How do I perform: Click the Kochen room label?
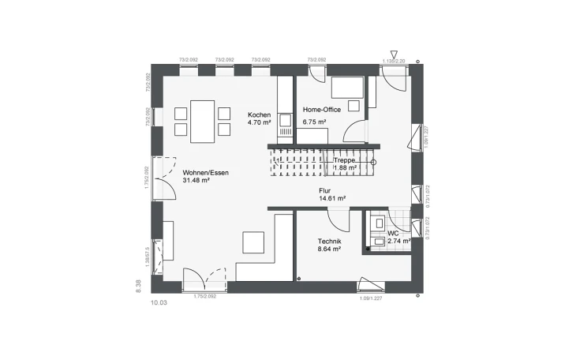click(260, 114)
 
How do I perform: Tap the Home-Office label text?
click(322, 110)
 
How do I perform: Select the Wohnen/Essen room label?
click(206, 172)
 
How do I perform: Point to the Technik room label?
click(329, 241)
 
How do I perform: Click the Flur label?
click(324, 190)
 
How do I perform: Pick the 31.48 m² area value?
click(196, 181)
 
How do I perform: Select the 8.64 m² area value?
click(329, 249)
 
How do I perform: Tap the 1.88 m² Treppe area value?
click(345, 168)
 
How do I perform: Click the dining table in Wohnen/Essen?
click(203, 122)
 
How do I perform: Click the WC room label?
click(393, 234)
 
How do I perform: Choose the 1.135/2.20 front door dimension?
click(393, 61)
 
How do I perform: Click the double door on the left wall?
click(163, 178)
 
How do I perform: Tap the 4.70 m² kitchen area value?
click(260, 123)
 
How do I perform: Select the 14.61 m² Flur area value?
click(328, 199)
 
